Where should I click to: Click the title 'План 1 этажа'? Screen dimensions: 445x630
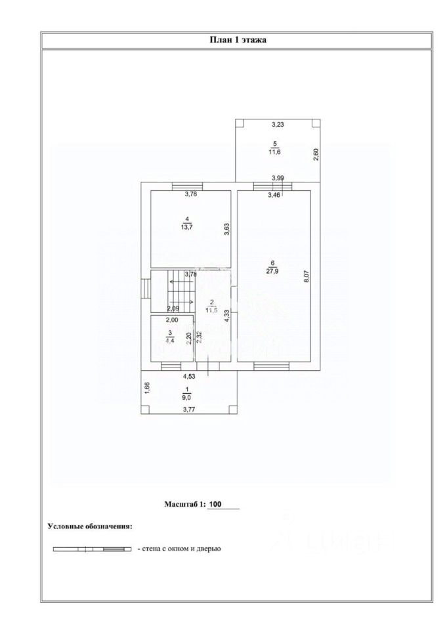(x=237, y=40)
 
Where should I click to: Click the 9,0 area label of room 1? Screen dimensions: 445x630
(x=187, y=397)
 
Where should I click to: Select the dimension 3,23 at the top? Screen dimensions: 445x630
(x=278, y=124)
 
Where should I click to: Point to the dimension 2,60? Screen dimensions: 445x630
(x=316, y=155)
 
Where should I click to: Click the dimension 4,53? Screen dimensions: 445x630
(x=188, y=377)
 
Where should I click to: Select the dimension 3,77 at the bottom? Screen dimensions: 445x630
(x=188, y=410)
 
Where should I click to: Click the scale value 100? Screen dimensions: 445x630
(x=215, y=505)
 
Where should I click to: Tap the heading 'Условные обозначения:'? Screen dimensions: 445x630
(x=89, y=526)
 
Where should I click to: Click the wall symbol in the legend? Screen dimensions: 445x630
(x=92, y=548)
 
